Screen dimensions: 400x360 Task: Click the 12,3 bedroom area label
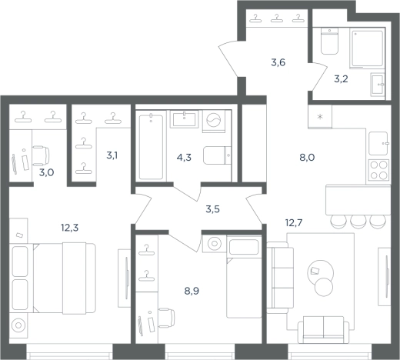pos(69,228)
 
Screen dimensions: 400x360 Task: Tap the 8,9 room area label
pos(192,291)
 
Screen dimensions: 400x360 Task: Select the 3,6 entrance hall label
pos(278,62)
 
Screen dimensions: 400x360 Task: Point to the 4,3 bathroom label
pos(184,157)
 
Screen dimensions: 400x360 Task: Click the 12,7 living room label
pos(294,223)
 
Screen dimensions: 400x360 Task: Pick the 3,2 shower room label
pos(341,79)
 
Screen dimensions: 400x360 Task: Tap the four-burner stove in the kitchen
pos(378,169)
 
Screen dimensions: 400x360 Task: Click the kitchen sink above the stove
pos(378,143)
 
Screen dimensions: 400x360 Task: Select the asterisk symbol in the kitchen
pos(320,117)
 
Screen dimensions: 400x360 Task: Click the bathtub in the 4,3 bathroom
pos(151,147)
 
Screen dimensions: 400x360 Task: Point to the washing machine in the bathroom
pos(214,121)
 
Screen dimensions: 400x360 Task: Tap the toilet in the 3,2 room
pos(329,41)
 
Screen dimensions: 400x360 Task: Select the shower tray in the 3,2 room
pos(367,48)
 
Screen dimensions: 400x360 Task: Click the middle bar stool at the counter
pos(358,222)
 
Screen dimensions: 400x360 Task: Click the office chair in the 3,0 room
pos(41,155)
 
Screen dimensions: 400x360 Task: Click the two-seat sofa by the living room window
pos(323,330)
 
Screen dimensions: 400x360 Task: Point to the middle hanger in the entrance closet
pos(277,18)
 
